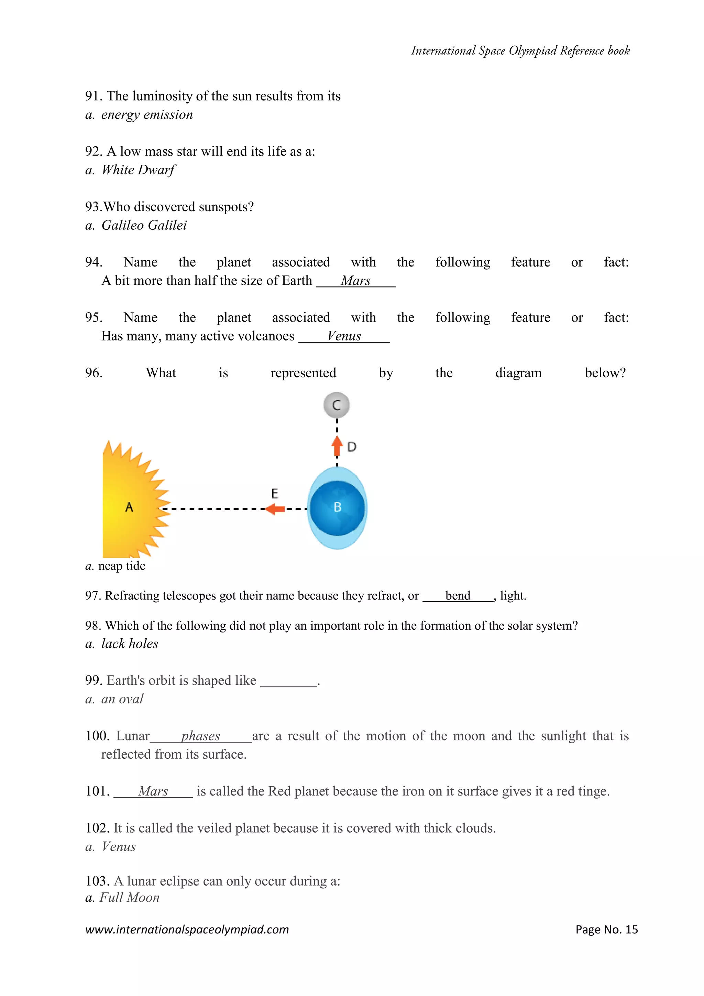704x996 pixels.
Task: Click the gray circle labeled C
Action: pyautogui.click(x=337, y=405)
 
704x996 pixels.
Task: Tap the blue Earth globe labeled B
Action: pyautogui.click(x=337, y=508)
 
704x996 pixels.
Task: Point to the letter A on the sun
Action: pyautogui.click(x=129, y=507)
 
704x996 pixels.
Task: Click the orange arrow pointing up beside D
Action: pyautogui.click(x=337, y=446)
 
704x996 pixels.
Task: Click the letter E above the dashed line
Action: pyautogui.click(x=274, y=493)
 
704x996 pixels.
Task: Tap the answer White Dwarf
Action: pyautogui.click(x=138, y=170)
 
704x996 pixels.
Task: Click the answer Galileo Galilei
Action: pyautogui.click(x=144, y=225)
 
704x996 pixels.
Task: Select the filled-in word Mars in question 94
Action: pyautogui.click(x=355, y=281)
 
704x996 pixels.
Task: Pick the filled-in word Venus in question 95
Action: pyautogui.click(x=344, y=336)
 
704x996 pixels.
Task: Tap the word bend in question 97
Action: pyautogui.click(x=458, y=596)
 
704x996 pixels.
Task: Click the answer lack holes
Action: pyautogui.click(x=130, y=644)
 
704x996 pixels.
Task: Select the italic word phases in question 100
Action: pyautogui.click(x=201, y=736)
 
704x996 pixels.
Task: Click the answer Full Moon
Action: pyautogui.click(x=129, y=898)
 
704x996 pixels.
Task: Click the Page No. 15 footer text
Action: pyautogui.click(x=606, y=929)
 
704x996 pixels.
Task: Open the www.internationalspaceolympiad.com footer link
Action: pyautogui.click(x=187, y=929)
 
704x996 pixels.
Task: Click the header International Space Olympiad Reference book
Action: pyautogui.click(x=520, y=51)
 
